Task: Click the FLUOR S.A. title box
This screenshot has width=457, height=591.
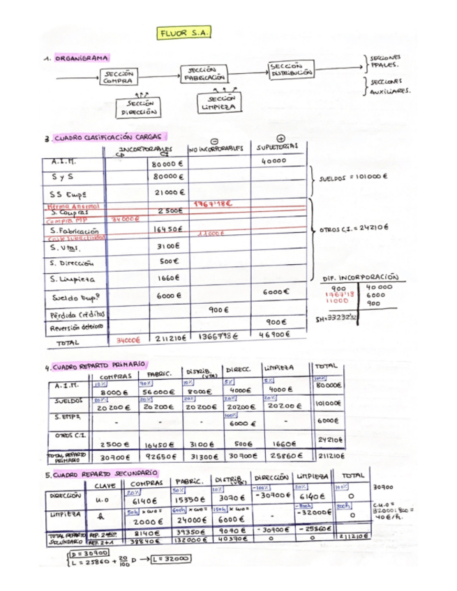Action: pos(185,33)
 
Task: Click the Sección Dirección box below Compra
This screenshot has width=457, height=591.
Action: pos(139,107)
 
